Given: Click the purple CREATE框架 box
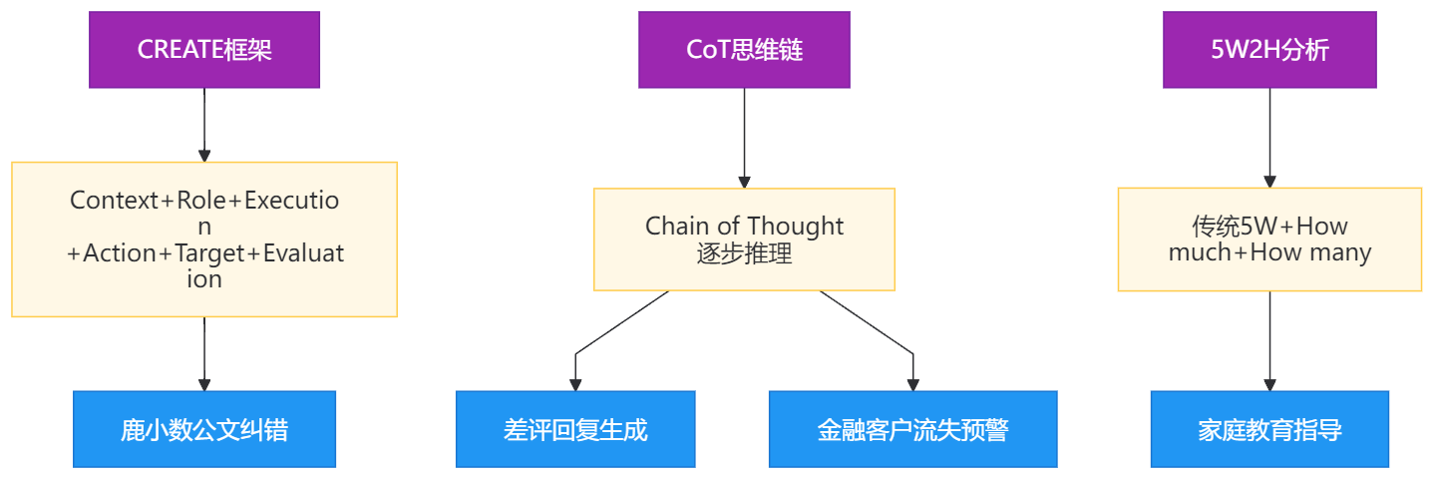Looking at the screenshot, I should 204,50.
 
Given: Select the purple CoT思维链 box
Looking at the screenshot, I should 744,50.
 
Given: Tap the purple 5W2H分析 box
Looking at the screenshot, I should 1269,50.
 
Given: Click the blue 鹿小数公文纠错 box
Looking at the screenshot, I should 204,430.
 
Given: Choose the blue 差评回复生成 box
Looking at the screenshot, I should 575,430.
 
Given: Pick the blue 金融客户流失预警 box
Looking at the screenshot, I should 912,430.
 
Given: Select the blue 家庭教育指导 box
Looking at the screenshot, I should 1269,430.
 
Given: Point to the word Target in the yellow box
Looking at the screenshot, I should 207,253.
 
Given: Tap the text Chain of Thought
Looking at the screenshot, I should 744,227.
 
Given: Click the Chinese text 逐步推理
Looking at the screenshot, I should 744,253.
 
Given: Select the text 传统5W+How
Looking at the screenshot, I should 1269,227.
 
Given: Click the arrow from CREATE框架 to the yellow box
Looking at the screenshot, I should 204,125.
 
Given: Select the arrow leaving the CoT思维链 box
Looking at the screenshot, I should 744,138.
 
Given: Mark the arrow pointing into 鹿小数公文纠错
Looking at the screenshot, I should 204,354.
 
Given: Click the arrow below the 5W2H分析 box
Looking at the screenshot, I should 1269,138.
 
